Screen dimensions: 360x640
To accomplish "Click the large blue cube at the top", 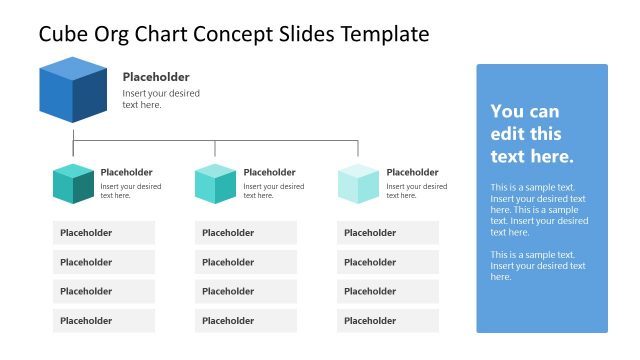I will [73, 91].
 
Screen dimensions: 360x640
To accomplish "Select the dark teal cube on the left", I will [73, 184].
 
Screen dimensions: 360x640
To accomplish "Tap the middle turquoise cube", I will [215, 184].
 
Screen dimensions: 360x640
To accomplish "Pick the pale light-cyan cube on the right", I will [358, 184].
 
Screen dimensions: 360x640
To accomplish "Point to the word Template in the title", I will [385, 34].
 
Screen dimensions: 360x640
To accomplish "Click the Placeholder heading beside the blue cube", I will [156, 77].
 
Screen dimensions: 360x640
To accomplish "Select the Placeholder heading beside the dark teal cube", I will [127, 172].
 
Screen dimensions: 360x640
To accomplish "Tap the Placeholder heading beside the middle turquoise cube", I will [270, 172].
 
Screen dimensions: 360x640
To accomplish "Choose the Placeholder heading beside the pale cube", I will [412, 172].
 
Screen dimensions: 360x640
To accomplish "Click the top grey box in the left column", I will [104, 233].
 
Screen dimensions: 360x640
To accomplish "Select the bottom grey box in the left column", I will [104, 321].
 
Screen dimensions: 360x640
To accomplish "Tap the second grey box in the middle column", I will [246, 262].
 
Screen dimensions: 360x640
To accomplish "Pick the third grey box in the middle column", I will [246, 291].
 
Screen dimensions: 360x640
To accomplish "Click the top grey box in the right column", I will [388, 233].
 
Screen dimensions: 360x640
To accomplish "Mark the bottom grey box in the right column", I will [388, 321].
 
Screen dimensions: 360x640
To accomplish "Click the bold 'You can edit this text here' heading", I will [532, 134].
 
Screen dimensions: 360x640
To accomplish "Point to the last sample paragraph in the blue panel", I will [538, 266].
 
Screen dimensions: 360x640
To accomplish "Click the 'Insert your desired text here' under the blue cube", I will [161, 99].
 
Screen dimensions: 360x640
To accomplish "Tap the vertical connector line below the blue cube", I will [73, 132].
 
